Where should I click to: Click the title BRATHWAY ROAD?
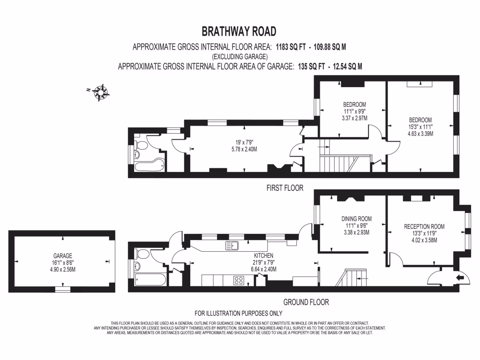pyautogui.click(x=239, y=31)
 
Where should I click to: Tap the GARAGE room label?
pyautogui.click(x=62, y=256)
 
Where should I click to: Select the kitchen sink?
pyautogui.click(x=232, y=245)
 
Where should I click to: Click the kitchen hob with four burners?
pyautogui.click(x=239, y=281)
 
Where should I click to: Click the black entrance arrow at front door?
pyautogui.click(x=460, y=278)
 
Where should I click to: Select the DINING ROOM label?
pyautogui.click(x=357, y=218)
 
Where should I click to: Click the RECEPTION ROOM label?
pyautogui.click(x=424, y=226)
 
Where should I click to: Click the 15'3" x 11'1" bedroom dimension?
pyautogui.click(x=420, y=127)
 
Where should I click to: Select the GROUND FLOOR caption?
pyautogui.click(x=306, y=302)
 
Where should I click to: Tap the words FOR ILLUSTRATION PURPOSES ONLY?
pyautogui.click(x=239, y=313)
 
